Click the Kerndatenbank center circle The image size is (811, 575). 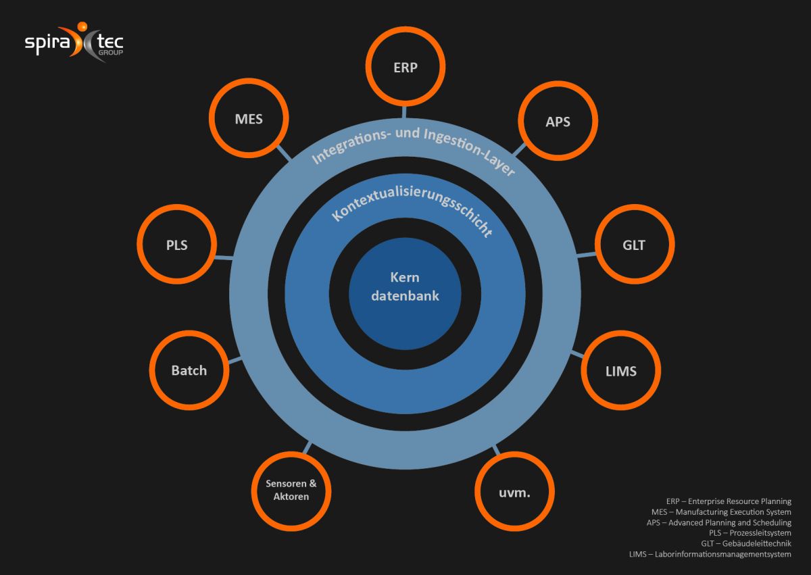(x=405, y=293)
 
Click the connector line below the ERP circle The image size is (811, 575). (x=404, y=112)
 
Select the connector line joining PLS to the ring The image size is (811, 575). (x=224, y=257)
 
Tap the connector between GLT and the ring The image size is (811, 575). (x=586, y=255)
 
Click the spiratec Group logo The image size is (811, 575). (x=74, y=42)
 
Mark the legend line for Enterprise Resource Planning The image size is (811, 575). (x=729, y=501)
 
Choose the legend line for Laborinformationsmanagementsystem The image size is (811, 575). (x=710, y=554)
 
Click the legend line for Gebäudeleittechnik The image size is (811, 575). (x=746, y=543)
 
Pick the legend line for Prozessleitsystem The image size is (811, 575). (x=750, y=533)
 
